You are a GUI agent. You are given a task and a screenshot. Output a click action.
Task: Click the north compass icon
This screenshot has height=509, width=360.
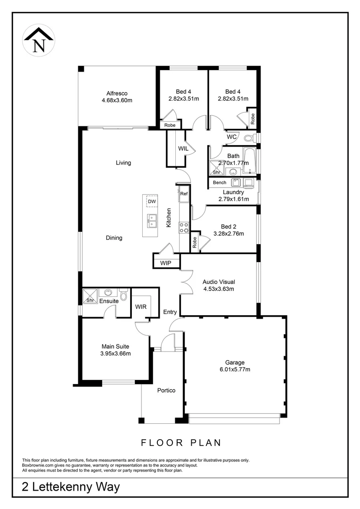click(39, 40)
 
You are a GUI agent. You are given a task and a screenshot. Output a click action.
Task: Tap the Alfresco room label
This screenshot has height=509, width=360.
click(117, 93)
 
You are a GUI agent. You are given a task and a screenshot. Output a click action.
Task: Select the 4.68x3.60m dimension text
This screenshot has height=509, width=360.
click(117, 100)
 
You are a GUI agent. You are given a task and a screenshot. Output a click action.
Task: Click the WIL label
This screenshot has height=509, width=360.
click(183, 148)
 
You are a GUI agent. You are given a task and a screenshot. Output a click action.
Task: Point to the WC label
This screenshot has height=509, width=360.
click(231, 137)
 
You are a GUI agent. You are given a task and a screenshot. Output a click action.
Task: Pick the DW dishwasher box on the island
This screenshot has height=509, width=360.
click(151, 202)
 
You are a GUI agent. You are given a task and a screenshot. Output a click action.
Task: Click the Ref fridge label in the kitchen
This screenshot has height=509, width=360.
click(184, 194)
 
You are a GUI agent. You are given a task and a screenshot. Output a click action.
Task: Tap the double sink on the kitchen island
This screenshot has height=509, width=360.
click(152, 219)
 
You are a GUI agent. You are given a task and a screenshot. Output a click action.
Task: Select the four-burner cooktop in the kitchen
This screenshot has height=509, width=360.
click(184, 228)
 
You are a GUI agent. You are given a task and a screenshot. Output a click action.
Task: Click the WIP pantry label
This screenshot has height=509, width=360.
click(165, 263)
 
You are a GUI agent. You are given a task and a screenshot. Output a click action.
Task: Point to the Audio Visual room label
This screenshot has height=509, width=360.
click(219, 282)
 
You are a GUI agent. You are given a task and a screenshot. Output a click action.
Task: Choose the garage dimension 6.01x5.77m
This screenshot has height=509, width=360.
click(234, 369)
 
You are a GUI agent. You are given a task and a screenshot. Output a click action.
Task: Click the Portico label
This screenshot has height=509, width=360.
click(166, 390)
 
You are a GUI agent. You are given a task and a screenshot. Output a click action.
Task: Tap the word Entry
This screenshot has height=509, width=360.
click(170, 312)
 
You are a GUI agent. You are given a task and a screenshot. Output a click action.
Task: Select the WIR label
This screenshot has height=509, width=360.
click(141, 307)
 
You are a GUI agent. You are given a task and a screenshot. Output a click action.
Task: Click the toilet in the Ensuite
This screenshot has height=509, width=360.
click(123, 295)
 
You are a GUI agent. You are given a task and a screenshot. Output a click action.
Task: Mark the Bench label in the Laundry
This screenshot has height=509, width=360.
click(220, 182)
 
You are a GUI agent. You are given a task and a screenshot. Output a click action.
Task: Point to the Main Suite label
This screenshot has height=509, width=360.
click(115, 346)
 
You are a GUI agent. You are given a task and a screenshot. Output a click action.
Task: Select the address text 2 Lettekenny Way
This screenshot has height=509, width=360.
click(71, 487)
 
